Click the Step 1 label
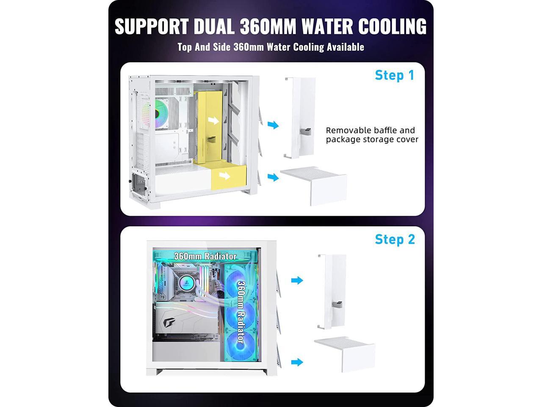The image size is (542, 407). [394, 75]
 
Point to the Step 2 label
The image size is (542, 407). [395, 239]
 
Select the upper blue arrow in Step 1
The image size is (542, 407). [274, 125]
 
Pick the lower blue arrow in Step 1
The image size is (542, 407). [274, 177]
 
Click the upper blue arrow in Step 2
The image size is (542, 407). [297, 280]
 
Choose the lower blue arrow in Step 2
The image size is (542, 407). [297, 362]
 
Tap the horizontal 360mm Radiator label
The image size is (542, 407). [205, 256]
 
